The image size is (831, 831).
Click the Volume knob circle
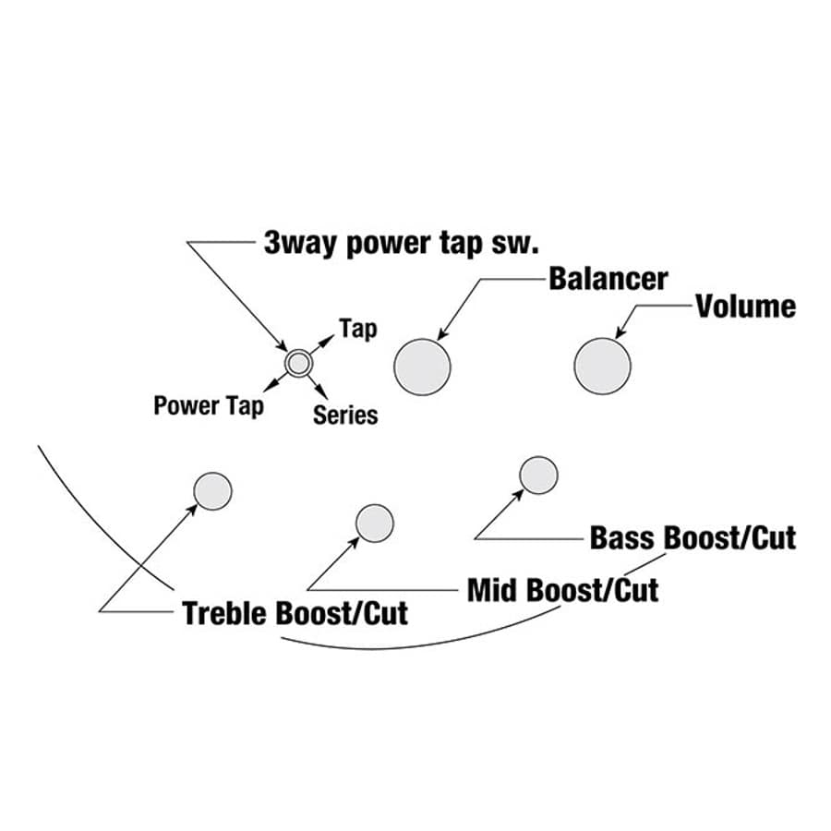click(x=602, y=366)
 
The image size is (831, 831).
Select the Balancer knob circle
click(x=422, y=367)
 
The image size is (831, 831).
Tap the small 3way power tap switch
click(x=297, y=363)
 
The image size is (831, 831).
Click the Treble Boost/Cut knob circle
click(x=212, y=490)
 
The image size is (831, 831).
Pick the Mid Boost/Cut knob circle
click(x=375, y=523)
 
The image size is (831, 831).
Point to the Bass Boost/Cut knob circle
click(x=538, y=475)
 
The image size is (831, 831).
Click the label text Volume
click(x=745, y=307)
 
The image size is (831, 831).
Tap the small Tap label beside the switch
click(x=357, y=328)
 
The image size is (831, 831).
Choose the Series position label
click(x=345, y=415)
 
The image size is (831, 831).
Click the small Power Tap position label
click(x=208, y=405)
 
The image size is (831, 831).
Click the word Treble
click(x=225, y=613)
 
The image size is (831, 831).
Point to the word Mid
click(x=490, y=590)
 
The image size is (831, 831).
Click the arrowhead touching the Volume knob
click(x=620, y=333)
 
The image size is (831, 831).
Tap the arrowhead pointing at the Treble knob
click(x=192, y=507)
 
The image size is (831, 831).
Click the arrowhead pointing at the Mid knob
click(x=357, y=539)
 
